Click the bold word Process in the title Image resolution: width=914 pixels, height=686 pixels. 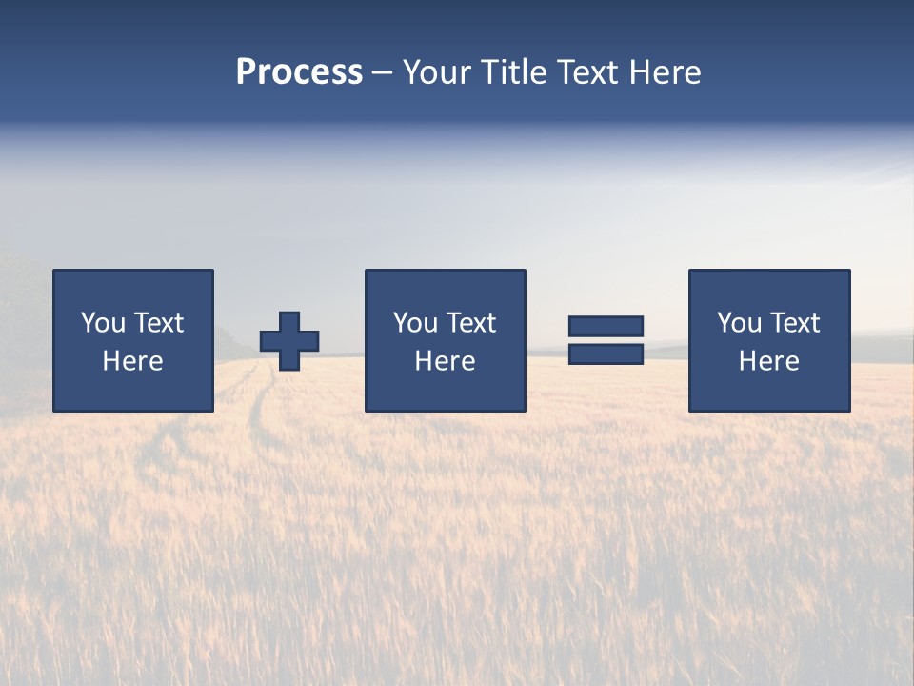[x=299, y=72]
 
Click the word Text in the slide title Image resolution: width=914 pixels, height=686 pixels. [x=586, y=72]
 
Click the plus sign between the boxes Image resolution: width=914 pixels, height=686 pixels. [x=289, y=341]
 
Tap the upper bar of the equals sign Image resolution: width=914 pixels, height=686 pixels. [x=606, y=327]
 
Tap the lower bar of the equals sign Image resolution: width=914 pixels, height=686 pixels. [x=606, y=353]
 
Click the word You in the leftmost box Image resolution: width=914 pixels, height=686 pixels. [x=103, y=323]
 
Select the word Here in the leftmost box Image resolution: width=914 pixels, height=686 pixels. [x=132, y=361]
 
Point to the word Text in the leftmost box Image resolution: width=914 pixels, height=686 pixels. [x=158, y=323]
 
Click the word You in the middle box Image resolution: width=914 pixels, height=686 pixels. [x=415, y=323]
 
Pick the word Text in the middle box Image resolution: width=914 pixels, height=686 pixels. [x=470, y=323]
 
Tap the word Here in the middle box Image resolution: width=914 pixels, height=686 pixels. [x=445, y=361]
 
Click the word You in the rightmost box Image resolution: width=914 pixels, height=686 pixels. [x=739, y=323]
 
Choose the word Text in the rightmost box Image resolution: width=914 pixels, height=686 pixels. [x=794, y=323]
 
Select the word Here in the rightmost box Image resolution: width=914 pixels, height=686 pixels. [x=768, y=361]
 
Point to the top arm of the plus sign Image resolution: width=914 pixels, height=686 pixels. [x=289, y=321]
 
